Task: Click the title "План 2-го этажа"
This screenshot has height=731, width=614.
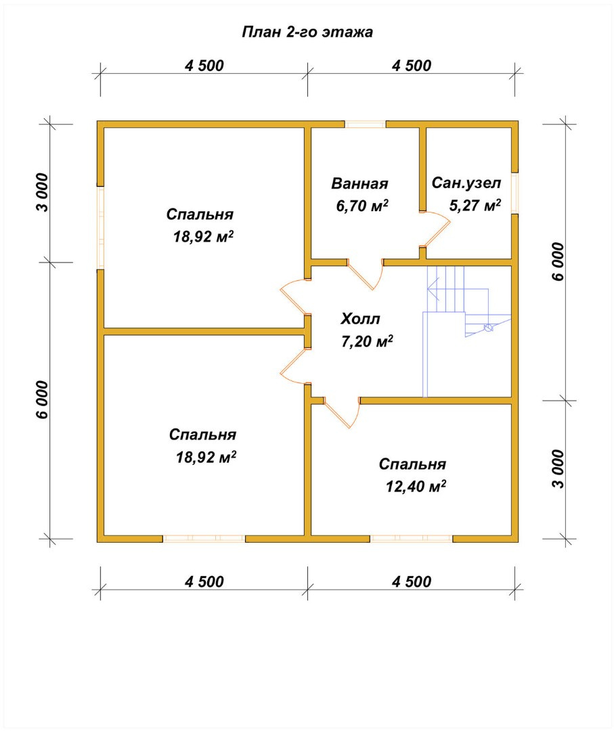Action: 307,32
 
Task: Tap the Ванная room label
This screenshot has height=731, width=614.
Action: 359,183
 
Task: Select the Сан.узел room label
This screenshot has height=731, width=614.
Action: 466,183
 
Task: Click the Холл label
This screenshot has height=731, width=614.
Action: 360,319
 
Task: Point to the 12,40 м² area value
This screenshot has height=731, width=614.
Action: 416,486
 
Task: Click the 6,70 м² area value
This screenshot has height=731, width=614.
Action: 362,206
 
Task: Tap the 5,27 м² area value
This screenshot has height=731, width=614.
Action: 475,205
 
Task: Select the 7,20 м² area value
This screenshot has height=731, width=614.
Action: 367,341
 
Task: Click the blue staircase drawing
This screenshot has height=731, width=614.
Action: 466,326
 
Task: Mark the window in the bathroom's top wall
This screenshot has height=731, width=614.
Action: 366,125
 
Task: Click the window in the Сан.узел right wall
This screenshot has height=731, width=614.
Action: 514,193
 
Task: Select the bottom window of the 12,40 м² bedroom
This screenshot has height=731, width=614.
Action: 412,539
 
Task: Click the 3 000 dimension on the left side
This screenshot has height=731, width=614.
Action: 43,192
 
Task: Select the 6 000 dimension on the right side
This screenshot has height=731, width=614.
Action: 558,261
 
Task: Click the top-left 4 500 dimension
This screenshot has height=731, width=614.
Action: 204,66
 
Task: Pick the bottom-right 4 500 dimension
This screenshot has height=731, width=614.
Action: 412,582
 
